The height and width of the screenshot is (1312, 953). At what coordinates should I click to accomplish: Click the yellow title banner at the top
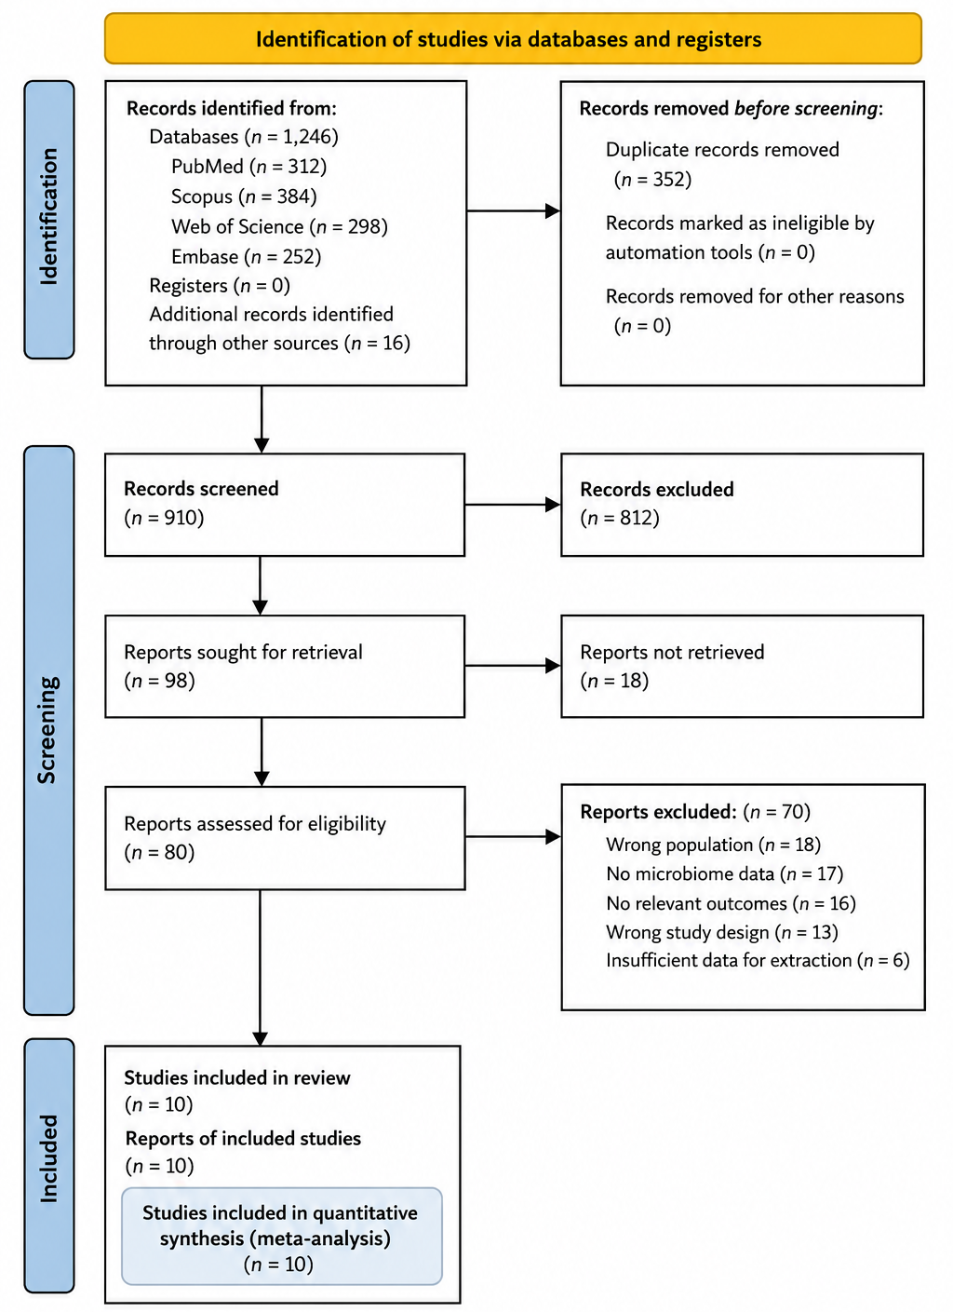pos(513,39)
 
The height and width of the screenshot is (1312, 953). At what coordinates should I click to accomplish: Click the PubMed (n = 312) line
pos(248,167)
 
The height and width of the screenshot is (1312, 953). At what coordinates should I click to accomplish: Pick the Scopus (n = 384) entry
pos(244,196)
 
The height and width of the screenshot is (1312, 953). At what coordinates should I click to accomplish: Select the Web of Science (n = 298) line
pos(279,226)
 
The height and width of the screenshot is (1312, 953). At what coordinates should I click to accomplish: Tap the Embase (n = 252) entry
pos(246,257)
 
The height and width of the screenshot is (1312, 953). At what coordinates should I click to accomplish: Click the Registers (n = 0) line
pos(220,286)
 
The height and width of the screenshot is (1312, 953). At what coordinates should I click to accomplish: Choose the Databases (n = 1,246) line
pos(244,137)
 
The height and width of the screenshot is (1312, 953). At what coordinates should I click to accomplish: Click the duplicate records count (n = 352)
pos(652,179)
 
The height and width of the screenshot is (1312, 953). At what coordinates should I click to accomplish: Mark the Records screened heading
pos(201,489)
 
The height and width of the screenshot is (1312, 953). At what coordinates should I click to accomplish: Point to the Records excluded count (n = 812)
pos(620,518)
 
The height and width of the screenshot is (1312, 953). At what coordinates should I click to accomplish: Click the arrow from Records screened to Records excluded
pos(513,505)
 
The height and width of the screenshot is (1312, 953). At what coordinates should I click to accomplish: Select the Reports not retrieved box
pos(743,666)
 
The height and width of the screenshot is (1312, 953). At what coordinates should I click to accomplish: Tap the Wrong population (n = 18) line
pos(714,845)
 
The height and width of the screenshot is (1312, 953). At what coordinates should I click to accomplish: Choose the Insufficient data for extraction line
pos(758,961)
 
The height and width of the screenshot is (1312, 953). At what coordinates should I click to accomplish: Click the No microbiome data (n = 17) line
pos(725,873)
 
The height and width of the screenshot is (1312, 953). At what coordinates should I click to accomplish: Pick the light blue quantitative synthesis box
pos(282,1236)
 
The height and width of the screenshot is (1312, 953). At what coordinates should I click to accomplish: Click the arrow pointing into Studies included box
pos(261,967)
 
